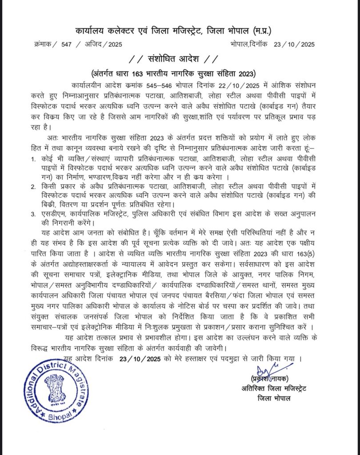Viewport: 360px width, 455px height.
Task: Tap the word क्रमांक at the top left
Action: pyautogui.click(x=45, y=44)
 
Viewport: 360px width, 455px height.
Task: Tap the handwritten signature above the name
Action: pyautogui.click(x=267, y=370)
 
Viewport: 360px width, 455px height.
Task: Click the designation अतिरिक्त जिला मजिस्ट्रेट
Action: pyautogui.click(x=272, y=389)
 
